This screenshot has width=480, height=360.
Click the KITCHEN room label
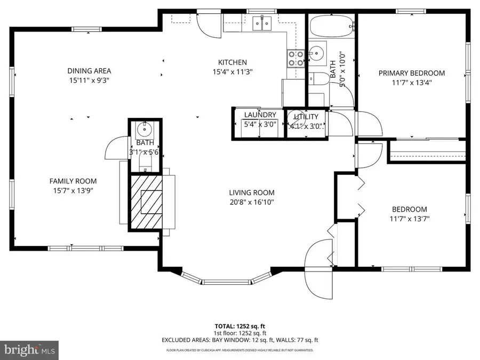click(232, 62)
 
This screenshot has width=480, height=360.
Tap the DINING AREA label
click(89, 71)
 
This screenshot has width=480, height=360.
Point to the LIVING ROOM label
click(252, 193)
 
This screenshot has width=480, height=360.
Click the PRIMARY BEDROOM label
click(411, 73)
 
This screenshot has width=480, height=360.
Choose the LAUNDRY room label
click(260, 115)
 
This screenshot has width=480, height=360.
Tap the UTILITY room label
click(306, 117)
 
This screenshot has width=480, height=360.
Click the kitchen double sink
click(262, 22)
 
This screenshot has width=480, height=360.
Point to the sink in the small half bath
click(143, 129)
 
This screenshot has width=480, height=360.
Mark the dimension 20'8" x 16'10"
click(252, 202)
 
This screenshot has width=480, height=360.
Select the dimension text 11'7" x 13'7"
click(409, 219)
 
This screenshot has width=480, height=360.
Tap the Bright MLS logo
click(29, 350)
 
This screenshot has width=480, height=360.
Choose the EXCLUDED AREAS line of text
click(239, 340)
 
